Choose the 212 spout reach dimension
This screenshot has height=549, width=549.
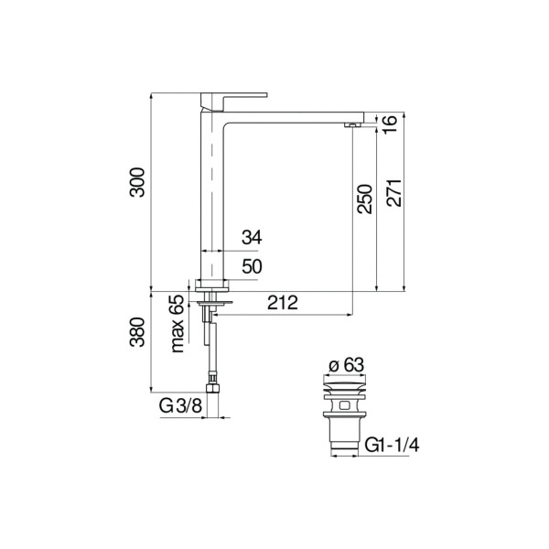point(284,305)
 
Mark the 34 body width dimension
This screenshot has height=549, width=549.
point(252,237)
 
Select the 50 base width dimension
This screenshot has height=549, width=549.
point(252,266)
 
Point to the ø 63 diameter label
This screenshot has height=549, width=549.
point(347,364)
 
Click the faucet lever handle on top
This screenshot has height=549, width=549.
point(236,93)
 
